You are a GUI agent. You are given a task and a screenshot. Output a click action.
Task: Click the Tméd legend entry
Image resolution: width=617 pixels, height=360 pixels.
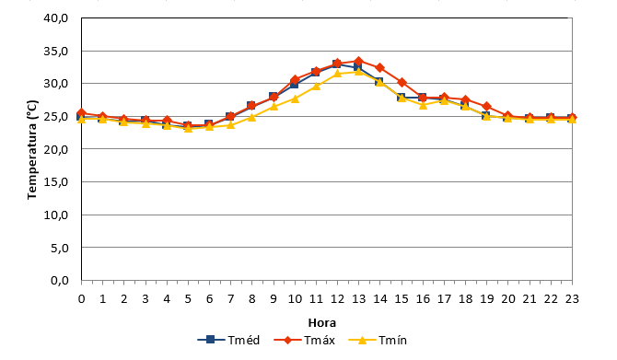click(x=228, y=340)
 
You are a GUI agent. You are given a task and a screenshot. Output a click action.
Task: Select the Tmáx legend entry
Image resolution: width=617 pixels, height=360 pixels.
click(x=305, y=340)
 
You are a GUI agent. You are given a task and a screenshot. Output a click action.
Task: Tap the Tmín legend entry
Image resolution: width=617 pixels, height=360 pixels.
click(x=378, y=340)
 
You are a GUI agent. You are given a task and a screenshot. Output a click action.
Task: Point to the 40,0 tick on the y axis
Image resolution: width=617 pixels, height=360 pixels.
click(x=56, y=18)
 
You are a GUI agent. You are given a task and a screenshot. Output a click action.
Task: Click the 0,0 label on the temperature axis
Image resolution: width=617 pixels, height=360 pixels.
click(x=60, y=281)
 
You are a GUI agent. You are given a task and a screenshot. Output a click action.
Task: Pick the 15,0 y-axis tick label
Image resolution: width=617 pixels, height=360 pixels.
click(x=56, y=181)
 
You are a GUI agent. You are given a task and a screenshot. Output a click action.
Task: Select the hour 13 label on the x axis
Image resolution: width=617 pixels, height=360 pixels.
click(x=358, y=299)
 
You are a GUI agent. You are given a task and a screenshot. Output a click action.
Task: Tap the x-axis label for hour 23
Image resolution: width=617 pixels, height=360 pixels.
click(x=572, y=299)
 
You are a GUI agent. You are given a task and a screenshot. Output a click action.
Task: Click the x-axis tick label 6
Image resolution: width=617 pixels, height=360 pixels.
click(x=209, y=299)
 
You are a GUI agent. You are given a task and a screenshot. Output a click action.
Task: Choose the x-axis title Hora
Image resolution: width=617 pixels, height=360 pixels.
click(x=322, y=323)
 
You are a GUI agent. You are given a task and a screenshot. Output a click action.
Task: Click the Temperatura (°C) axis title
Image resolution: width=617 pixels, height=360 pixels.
click(x=32, y=149)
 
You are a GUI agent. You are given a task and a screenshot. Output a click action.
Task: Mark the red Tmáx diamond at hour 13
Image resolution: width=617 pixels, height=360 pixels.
click(x=358, y=61)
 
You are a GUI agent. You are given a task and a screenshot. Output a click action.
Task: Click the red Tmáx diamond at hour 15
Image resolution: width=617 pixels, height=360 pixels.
click(x=402, y=82)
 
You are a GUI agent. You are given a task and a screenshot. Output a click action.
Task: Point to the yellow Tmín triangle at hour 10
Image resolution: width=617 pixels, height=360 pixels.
click(x=295, y=99)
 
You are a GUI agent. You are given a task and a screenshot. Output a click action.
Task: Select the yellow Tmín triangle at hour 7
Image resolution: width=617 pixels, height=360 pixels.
click(x=230, y=124)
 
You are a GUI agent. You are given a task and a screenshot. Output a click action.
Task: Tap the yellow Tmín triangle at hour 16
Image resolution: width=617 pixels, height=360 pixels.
click(x=423, y=105)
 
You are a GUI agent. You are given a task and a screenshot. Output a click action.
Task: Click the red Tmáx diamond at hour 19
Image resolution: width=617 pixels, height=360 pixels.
click(x=487, y=106)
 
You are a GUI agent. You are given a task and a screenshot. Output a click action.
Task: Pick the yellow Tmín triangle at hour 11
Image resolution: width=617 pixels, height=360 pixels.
click(x=316, y=87)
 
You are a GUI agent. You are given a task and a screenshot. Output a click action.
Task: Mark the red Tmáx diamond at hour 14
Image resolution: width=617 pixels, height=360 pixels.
click(x=379, y=68)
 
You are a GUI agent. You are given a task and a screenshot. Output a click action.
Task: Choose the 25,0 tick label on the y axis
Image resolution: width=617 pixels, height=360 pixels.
click(x=56, y=116)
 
